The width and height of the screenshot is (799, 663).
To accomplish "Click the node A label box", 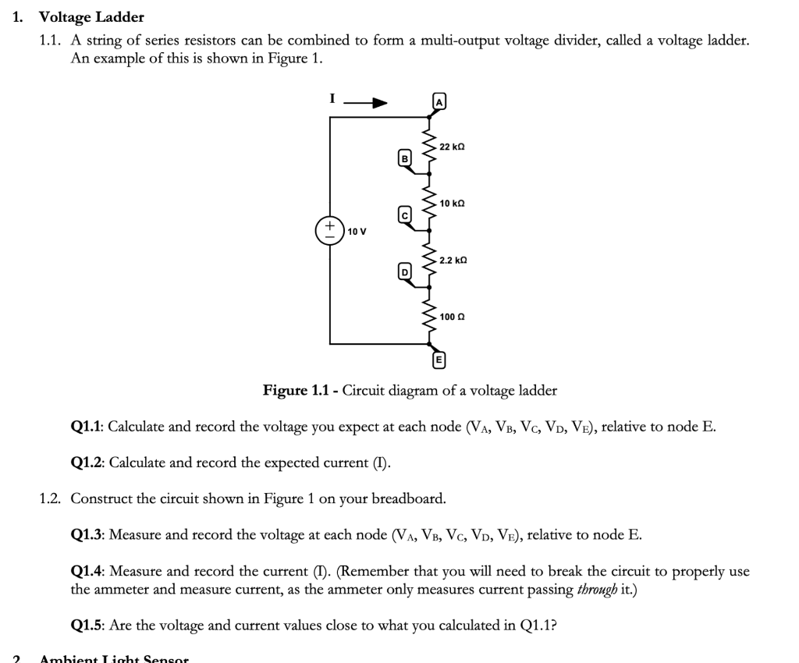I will [439, 102].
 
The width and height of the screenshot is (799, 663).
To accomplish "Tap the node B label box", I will [404, 158].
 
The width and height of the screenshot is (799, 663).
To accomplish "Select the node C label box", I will [404, 214].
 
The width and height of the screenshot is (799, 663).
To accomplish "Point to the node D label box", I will [404, 271].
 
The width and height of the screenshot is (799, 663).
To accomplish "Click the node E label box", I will [439, 360].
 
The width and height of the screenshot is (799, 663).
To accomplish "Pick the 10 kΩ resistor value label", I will [453, 204].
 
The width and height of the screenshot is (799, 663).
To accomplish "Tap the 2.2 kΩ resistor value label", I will [453, 259].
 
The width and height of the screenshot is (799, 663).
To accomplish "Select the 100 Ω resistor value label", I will [452, 317].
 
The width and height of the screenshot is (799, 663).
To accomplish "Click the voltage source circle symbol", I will [329, 231].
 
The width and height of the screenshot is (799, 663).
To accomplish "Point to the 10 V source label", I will [357, 232].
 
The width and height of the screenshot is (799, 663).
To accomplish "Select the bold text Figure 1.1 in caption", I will [298, 390].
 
